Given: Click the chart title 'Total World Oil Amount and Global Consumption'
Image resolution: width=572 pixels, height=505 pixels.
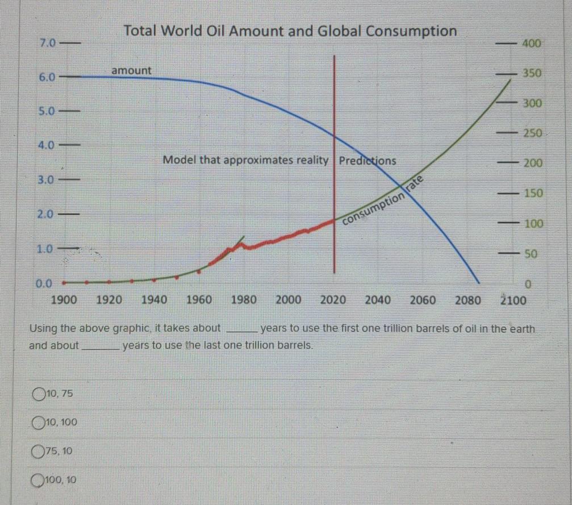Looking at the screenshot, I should point(290,31).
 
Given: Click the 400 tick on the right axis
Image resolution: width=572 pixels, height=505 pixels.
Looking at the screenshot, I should point(532,43).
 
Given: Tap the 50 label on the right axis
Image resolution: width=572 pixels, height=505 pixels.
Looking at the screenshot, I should point(531,254).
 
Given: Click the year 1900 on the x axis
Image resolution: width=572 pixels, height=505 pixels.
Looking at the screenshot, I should point(64,300).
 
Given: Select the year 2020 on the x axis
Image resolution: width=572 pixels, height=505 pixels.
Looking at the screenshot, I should point(333,300).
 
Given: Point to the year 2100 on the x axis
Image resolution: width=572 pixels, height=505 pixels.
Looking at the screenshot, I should point(513,300).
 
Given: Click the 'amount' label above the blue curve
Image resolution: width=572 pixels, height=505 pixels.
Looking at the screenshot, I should point(131,70).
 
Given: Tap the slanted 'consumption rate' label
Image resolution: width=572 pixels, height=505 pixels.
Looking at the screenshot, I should point(383,202).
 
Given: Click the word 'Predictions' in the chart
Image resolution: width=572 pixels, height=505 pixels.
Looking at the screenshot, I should point(368,161).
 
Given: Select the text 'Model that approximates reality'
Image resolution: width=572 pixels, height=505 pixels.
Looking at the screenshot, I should point(245,160).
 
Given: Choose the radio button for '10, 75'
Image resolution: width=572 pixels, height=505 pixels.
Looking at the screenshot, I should point(39,393).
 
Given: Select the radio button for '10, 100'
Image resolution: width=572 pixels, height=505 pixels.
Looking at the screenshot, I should point(39,423).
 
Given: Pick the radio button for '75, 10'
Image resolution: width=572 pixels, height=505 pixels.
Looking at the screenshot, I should point(39,452).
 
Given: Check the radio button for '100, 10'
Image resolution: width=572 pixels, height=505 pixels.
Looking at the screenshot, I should point(39,481).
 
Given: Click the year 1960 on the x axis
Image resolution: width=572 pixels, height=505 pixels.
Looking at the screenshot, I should point(199,300).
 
